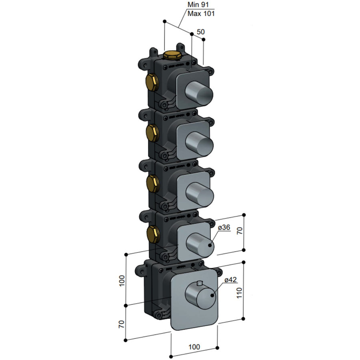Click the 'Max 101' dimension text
[201, 14]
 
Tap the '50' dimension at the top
[201, 32]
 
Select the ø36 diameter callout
[224, 227]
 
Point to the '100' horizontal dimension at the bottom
[194, 347]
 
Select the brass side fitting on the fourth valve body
[152, 234]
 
